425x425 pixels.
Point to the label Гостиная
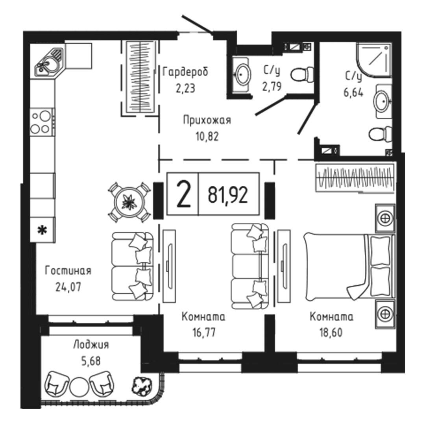(68, 271)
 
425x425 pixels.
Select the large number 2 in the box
(183, 194)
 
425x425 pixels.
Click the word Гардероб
(185, 72)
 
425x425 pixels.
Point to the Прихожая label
(207, 120)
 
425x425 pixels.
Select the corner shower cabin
(374, 59)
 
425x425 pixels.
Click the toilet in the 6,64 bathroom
(380, 134)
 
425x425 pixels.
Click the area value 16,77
(203, 333)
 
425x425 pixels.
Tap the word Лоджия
(91, 346)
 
